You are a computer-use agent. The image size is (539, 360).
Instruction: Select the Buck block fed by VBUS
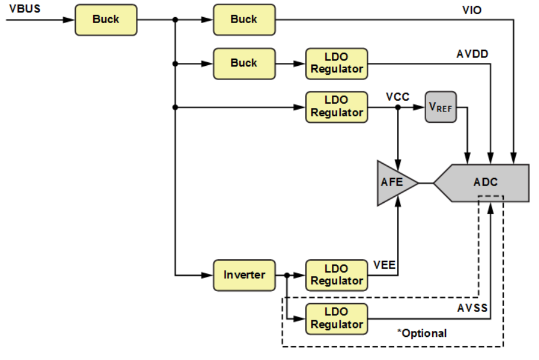106,20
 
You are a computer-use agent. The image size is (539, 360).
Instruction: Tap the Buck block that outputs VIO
244,20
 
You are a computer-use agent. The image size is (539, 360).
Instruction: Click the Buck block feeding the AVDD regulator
244,63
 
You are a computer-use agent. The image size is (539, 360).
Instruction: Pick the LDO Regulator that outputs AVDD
337,63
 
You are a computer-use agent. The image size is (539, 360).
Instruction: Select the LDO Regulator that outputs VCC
337,107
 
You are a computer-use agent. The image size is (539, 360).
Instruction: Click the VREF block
441,107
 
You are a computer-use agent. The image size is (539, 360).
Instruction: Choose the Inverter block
244,275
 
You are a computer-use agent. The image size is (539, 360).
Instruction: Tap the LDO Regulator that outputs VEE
337,275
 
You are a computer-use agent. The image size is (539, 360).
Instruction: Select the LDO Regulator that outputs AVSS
337,318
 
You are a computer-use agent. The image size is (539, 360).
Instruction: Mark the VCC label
397,97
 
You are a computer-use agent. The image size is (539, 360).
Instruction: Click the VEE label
385,264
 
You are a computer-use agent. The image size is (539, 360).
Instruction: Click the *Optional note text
421,333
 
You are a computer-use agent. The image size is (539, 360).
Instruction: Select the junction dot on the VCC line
398,107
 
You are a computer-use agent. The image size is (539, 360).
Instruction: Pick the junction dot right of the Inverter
287,275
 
